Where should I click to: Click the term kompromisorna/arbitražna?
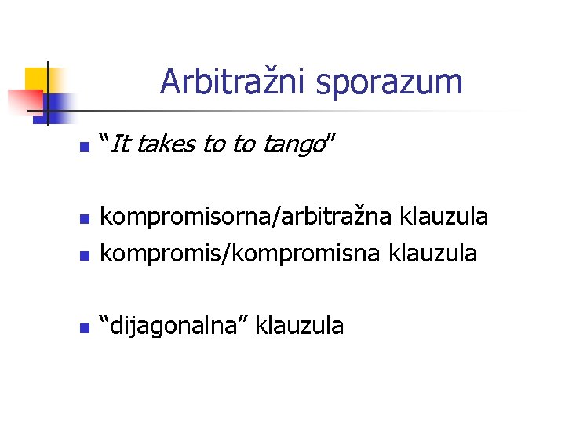point(249,216)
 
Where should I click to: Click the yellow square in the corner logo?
point(35,79)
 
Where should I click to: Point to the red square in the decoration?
point(24,101)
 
